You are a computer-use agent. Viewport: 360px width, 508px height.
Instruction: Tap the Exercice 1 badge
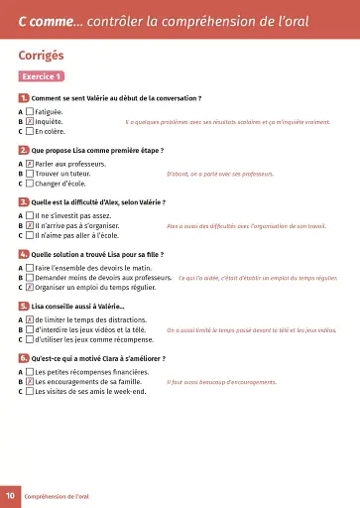pos(42,76)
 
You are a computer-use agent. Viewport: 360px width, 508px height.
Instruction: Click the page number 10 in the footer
pos(10,494)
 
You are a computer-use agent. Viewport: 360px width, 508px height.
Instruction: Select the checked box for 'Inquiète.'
pos(30,121)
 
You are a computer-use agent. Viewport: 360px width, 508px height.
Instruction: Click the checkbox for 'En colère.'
pos(30,131)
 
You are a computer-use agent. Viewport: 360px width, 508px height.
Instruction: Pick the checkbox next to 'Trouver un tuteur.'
pos(30,174)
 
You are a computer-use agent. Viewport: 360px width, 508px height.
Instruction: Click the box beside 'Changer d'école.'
pos(30,184)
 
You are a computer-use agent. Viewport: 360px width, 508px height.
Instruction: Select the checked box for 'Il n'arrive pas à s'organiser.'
pos(30,225)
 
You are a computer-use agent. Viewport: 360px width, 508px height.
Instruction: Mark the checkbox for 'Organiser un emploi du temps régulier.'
pos(30,288)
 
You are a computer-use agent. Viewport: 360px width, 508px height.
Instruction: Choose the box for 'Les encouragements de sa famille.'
pos(30,381)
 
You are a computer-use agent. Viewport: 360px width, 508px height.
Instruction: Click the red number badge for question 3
pos(23,201)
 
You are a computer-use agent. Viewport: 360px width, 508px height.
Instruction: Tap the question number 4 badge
pos(23,254)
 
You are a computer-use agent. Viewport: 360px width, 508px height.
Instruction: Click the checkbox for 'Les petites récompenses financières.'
pos(30,371)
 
